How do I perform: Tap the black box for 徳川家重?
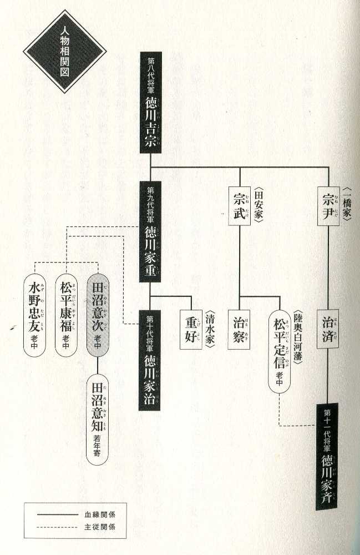point(150,231)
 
